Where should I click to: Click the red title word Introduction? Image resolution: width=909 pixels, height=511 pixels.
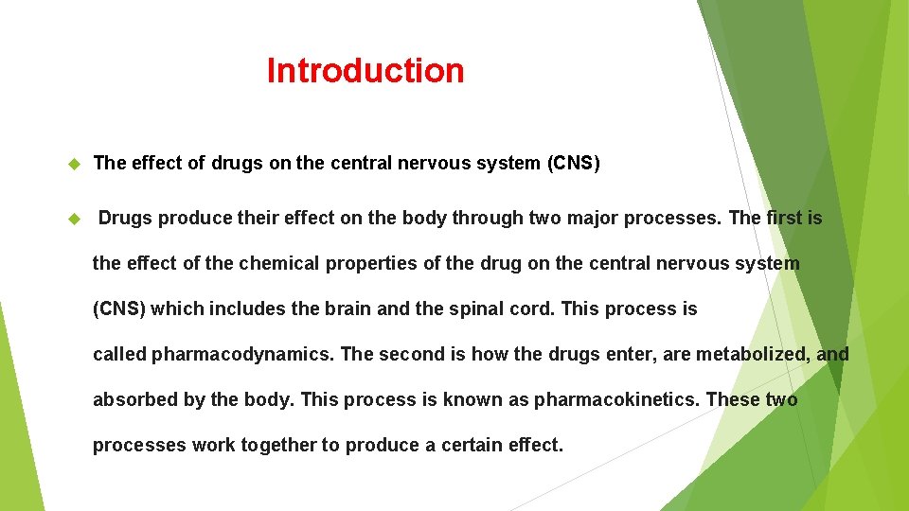[365, 71]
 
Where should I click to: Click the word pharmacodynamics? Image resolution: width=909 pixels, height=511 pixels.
[241, 355]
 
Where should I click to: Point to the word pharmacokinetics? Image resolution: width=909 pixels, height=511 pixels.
[617, 400]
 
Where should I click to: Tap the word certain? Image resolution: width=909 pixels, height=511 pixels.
[463, 445]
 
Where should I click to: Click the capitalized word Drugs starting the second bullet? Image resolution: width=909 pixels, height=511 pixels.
[126, 218]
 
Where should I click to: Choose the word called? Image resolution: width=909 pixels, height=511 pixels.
[119, 354]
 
